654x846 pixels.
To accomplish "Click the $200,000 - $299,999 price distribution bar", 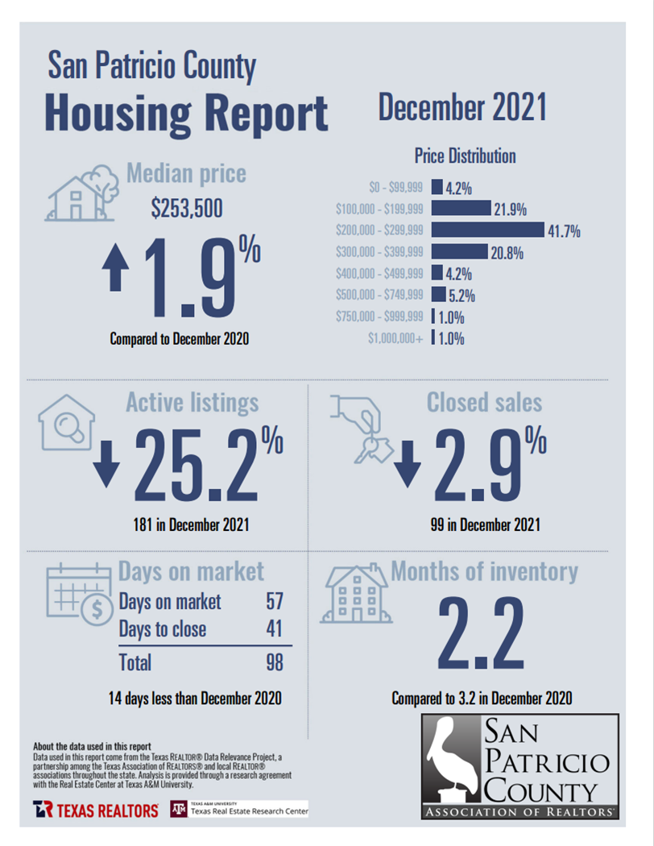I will point(488,231).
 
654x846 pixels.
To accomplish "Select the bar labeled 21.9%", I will point(461,209).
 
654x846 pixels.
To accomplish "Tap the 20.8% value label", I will point(507,253).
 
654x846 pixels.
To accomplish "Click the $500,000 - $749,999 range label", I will point(379,295).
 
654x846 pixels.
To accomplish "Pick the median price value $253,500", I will point(187,209).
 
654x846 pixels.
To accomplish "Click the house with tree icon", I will point(83,193).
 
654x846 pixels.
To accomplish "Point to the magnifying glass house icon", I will point(67,422).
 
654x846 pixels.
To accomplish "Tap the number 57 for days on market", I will point(274,601).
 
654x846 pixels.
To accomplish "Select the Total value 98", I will point(274,662).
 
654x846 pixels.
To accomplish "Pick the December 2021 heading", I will point(462,108).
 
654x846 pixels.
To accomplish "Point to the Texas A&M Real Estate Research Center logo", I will point(239,809).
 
